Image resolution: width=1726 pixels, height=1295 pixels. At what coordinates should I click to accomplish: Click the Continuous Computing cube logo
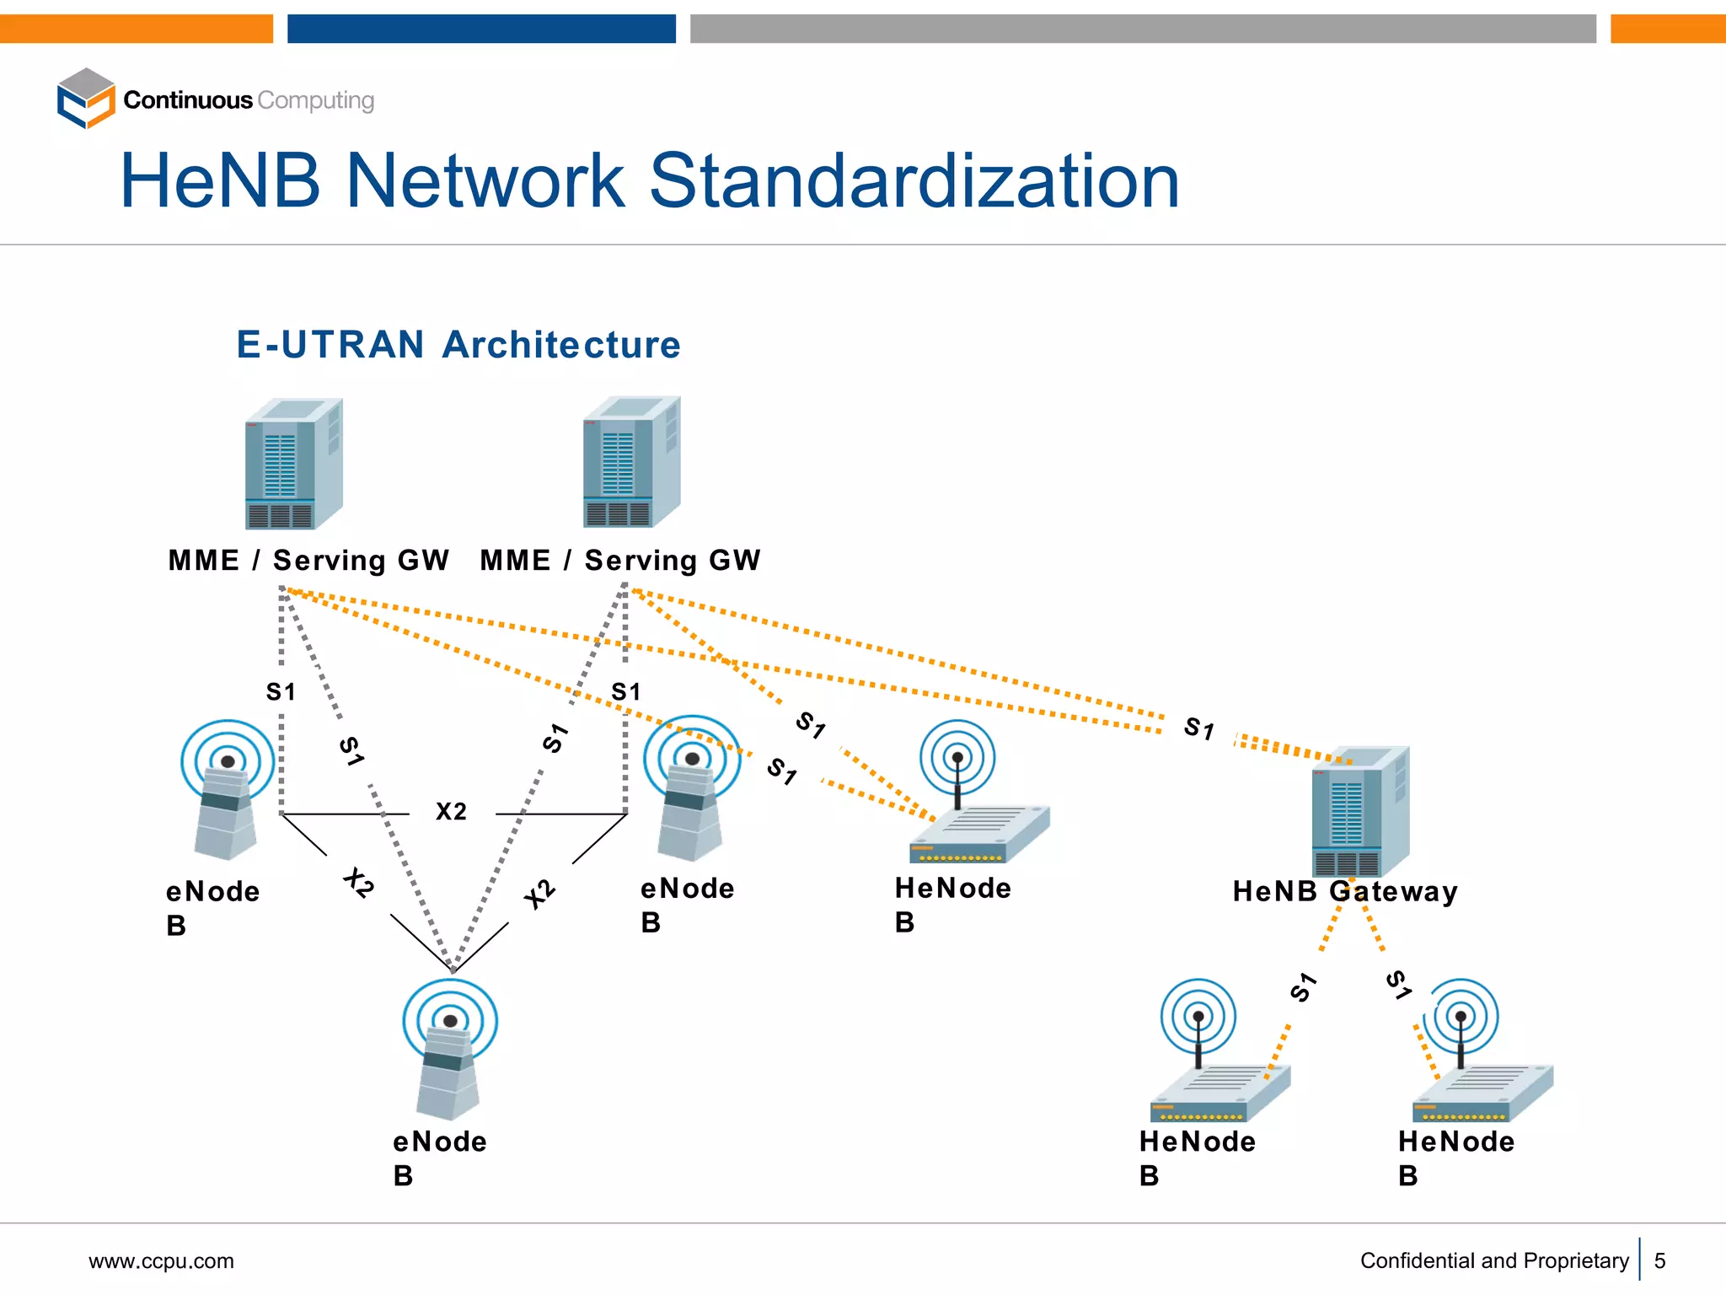coord(85,99)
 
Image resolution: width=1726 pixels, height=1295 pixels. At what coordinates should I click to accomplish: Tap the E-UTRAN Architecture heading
coord(458,345)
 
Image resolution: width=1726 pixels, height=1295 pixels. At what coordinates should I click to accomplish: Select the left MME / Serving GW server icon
coord(293,464)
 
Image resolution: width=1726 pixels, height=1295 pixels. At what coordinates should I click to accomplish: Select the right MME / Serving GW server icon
coord(631,462)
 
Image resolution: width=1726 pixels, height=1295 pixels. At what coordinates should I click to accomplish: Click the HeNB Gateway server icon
coord(1359,811)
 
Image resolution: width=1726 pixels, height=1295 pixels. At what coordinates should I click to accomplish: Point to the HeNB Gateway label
coord(1344,891)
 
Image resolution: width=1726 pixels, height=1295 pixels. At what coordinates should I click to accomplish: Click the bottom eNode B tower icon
coord(449,1050)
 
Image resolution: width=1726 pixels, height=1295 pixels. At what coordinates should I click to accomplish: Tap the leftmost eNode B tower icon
coord(227,790)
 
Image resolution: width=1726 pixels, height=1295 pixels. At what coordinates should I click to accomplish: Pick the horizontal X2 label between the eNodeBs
coord(451,811)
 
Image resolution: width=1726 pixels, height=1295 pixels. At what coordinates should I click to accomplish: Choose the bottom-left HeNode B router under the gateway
coord(1219,1054)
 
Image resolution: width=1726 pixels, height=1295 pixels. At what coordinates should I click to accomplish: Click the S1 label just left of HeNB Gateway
coord(1198,728)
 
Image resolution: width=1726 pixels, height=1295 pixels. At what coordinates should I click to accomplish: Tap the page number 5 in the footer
coord(1659,1260)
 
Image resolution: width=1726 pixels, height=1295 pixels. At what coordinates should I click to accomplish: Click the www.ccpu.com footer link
coord(161,1261)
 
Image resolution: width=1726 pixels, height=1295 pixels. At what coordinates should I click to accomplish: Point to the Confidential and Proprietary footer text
coord(1493,1260)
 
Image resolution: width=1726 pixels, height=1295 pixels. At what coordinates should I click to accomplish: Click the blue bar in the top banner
coord(481,29)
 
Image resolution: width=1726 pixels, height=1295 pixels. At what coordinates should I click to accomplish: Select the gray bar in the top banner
coord(1142,29)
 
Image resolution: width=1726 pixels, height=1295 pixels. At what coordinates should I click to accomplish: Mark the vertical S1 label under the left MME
coord(281,692)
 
